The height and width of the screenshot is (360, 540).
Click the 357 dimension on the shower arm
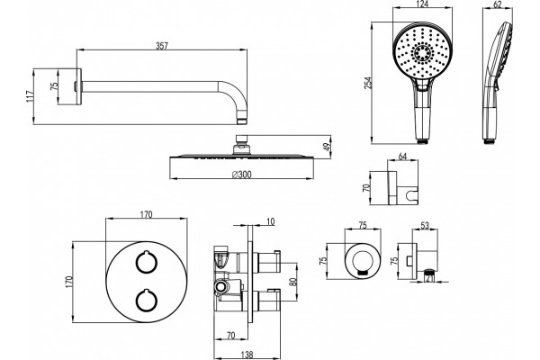[x=161, y=46]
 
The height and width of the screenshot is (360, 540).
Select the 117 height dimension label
[x=30, y=96]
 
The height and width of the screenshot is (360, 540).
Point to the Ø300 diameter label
[x=241, y=175]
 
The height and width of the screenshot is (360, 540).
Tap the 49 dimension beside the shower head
[x=328, y=146]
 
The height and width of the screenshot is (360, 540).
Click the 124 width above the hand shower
[x=421, y=4]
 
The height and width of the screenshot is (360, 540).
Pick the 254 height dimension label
[x=368, y=83]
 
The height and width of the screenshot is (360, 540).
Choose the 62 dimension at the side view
[x=498, y=4]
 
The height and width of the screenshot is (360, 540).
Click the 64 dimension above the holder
[x=402, y=156]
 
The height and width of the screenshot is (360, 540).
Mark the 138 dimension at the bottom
[x=247, y=354]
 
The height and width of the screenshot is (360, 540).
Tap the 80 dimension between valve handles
[x=293, y=282]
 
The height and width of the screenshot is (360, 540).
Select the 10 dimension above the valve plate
[x=271, y=221]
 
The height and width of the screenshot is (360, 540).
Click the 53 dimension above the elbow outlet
[x=425, y=226]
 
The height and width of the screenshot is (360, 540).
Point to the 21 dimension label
[x=429, y=277]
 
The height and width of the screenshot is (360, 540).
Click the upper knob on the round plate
[x=147, y=262]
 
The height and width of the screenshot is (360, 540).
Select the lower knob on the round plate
[x=147, y=300]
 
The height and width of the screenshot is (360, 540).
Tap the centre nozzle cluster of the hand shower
[x=421, y=53]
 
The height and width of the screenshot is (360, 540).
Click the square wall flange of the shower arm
[x=79, y=86]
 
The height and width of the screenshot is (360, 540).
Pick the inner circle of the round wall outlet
[x=363, y=261]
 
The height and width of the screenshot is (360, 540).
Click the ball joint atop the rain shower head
[x=242, y=148]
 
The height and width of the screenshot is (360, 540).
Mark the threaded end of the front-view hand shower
[x=422, y=140]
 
